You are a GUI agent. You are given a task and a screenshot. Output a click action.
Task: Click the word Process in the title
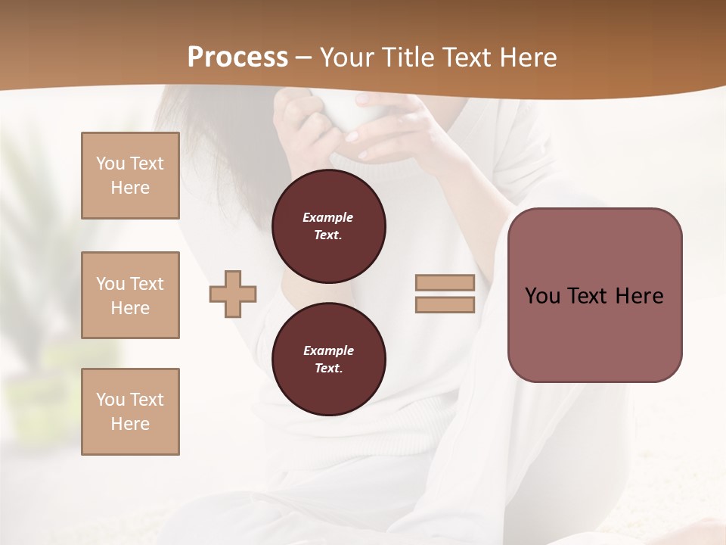(x=237, y=58)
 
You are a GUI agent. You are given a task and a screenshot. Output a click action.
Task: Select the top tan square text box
(x=130, y=176)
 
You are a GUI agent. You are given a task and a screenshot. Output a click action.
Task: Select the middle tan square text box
(x=130, y=295)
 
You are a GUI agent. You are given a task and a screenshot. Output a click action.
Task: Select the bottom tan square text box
(x=130, y=412)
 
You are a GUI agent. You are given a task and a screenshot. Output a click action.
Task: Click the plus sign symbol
(x=233, y=294)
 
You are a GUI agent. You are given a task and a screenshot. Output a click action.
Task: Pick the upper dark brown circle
(x=329, y=226)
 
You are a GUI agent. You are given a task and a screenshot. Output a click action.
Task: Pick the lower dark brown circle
(x=329, y=360)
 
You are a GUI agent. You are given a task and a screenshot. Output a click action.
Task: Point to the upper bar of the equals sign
(x=445, y=283)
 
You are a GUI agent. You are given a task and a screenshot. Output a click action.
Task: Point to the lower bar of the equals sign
(x=445, y=304)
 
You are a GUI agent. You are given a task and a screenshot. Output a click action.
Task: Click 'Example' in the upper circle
(x=328, y=217)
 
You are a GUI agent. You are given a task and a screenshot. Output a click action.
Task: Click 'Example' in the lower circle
(x=328, y=350)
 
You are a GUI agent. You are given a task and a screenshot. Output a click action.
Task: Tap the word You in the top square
(x=110, y=163)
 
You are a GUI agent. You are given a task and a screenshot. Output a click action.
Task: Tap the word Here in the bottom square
(x=130, y=424)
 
